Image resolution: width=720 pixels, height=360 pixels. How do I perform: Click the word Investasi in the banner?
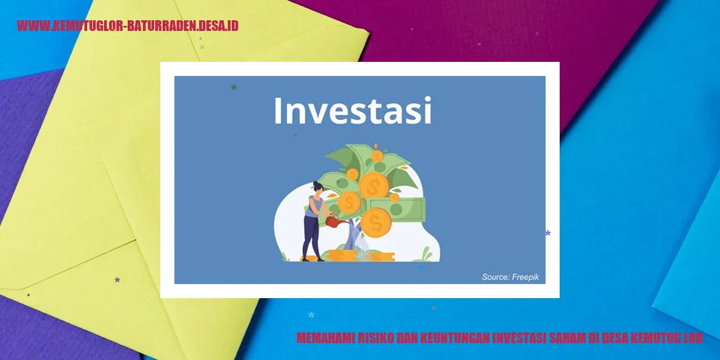click(353, 111)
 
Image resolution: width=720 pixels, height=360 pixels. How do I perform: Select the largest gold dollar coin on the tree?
click(373, 185)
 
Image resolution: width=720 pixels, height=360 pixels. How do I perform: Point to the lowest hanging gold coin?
click(376, 223)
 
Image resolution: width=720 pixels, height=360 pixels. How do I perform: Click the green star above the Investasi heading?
click(233, 87)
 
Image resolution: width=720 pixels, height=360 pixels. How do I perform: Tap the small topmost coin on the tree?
click(377, 156)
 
